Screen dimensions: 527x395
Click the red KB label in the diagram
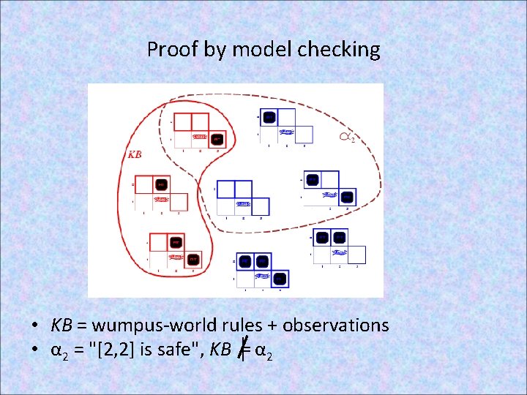(135, 154)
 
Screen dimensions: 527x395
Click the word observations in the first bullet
(335, 325)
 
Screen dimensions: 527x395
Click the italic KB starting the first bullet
(61, 325)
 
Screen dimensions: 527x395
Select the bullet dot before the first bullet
(35, 326)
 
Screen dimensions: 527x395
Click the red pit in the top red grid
(217, 138)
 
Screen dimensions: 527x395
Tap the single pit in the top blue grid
(269, 117)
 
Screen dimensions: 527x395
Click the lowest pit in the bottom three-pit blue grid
(280, 279)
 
